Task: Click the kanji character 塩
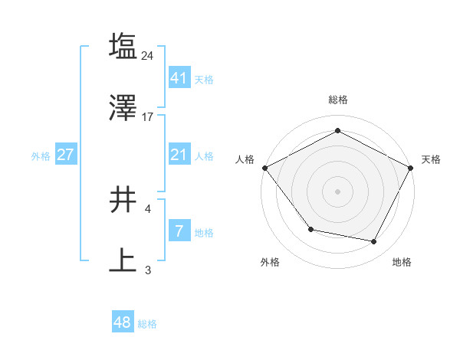(x=123, y=46)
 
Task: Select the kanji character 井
(x=123, y=201)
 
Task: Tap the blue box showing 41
(x=179, y=77)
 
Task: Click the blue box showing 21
(x=179, y=155)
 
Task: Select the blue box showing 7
(x=179, y=231)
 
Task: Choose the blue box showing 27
(x=66, y=155)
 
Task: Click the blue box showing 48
(x=123, y=322)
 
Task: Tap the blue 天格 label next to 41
(x=204, y=79)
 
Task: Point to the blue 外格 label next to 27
(x=41, y=155)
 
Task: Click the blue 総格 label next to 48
(x=147, y=324)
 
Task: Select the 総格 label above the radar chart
(x=337, y=100)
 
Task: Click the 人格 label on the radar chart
(x=245, y=159)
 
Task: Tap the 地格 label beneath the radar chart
(x=402, y=262)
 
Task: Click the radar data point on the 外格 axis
(x=310, y=229)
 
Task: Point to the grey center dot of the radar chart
(x=337, y=191)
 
